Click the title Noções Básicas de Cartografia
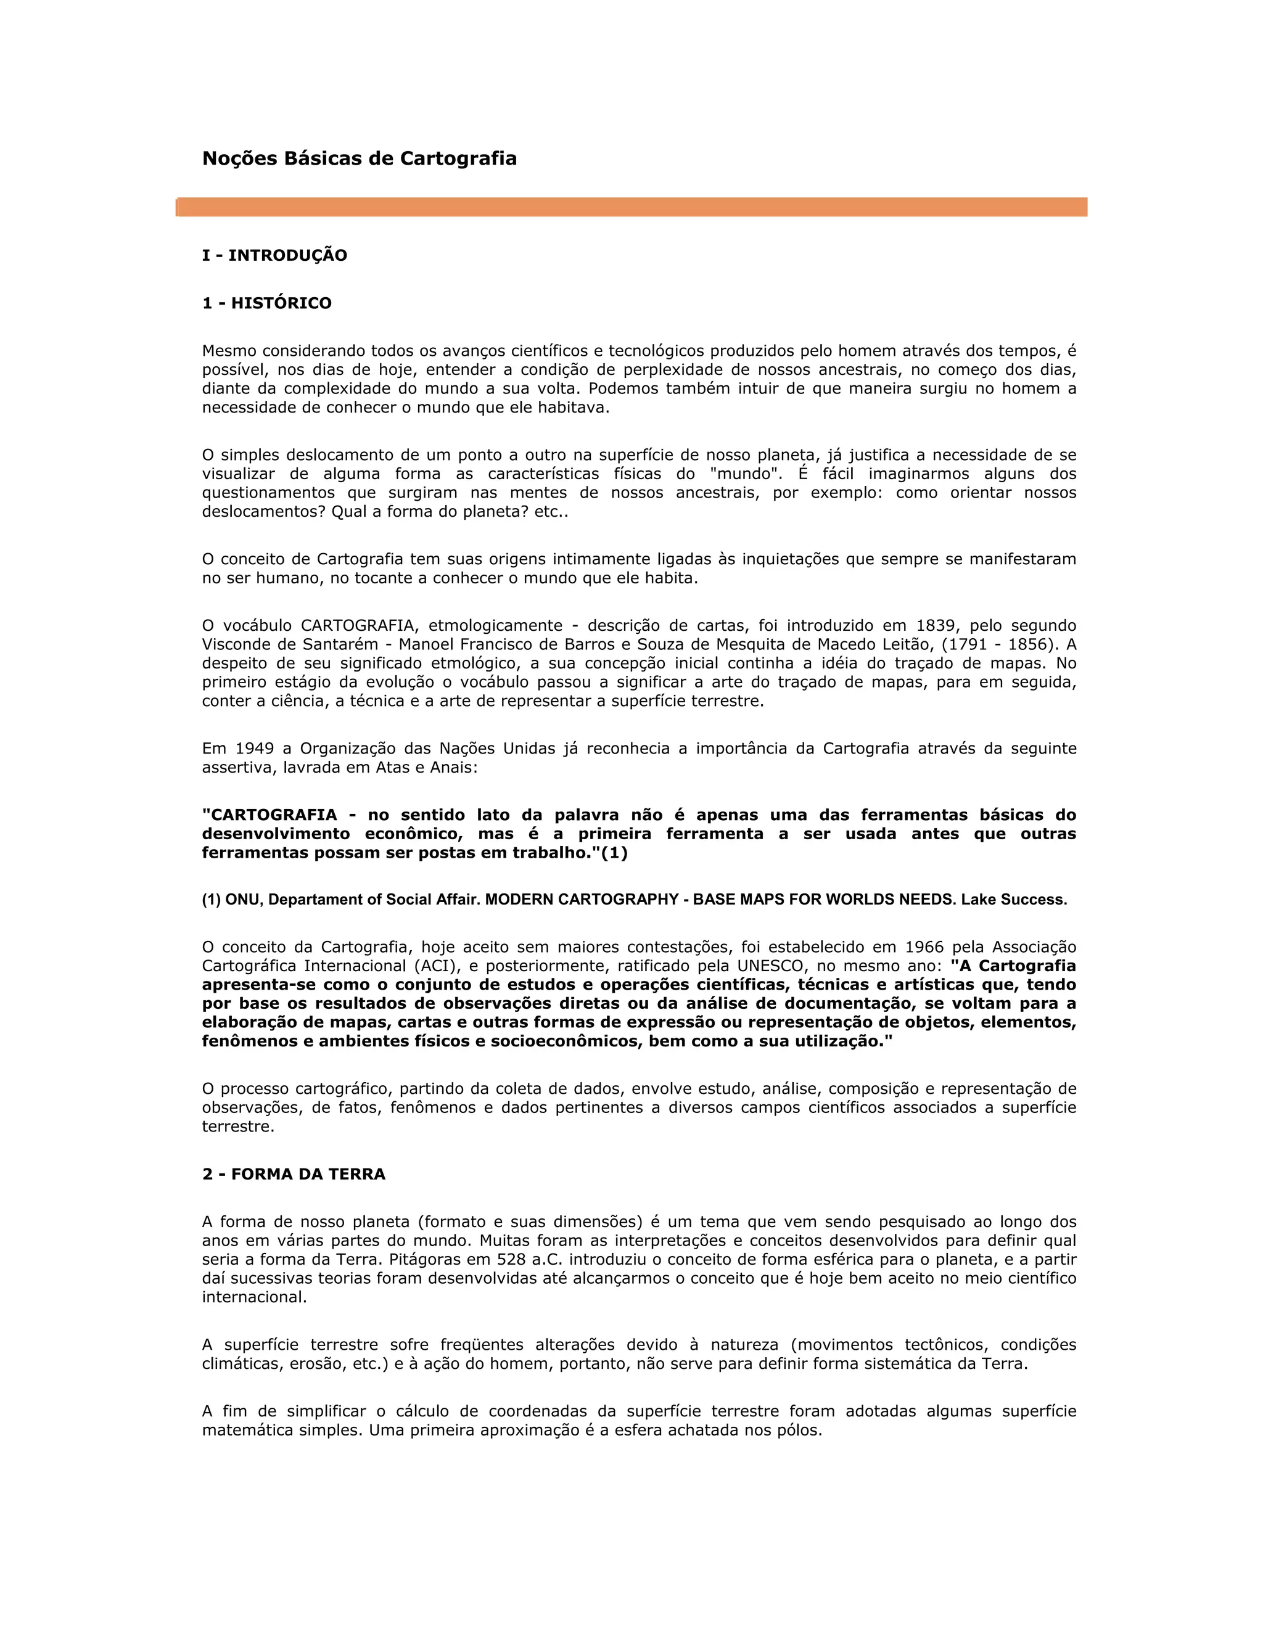(359, 158)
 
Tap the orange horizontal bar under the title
(631, 207)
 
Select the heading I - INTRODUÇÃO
(274, 255)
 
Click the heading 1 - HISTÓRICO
(266, 303)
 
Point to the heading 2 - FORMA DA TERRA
(294, 1174)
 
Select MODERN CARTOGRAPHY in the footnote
(582, 899)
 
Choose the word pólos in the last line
(800, 1430)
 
